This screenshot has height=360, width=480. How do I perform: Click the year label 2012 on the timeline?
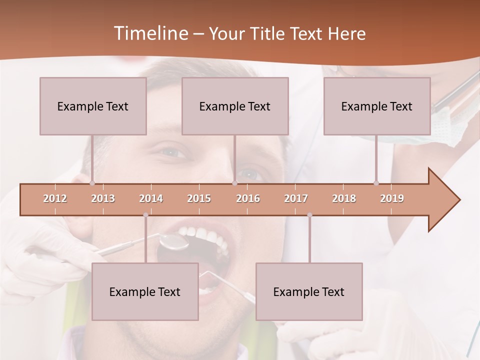point(55,198)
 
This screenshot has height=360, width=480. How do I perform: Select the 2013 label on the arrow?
point(103,198)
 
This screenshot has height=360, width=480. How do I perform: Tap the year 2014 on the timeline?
point(151,198)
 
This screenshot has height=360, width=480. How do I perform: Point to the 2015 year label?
point(199,198)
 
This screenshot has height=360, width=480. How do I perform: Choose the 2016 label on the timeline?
point(248,198)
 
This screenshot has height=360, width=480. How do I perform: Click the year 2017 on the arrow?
point(296,198)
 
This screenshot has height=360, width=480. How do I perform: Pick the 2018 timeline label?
point(344,198)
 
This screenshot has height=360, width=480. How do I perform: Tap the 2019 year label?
point(392,198)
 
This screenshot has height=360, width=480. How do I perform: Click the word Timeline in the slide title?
point(150,33)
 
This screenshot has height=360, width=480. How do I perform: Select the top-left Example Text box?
point(93,106)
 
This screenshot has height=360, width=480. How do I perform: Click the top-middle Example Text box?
point(235,106)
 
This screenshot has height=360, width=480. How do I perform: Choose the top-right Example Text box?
point(377,106)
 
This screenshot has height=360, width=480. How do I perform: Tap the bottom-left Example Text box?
point(145,291)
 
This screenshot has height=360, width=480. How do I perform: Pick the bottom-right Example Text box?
point(309,291)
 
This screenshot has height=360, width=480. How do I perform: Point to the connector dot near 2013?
point(92,183)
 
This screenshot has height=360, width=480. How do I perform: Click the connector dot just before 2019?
point(376,183)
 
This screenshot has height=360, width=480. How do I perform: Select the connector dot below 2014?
point(145,215)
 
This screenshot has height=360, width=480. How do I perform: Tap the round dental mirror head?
point(173,241)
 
